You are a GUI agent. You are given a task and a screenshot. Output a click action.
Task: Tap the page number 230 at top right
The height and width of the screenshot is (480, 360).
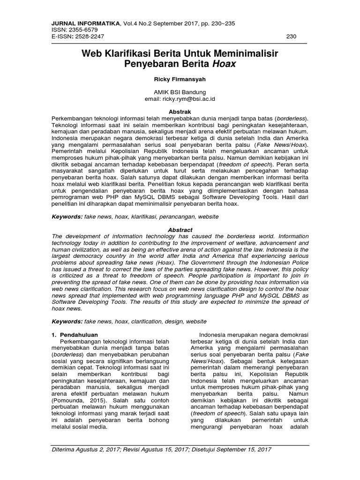[x=291, y=36]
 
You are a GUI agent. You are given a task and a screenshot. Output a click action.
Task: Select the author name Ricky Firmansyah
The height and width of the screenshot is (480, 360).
[x=180, y=79]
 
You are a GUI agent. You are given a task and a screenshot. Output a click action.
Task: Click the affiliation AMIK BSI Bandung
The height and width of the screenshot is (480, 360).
[x=180, y=92]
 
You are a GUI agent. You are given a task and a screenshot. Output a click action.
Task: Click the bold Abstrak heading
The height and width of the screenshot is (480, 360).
[x=180, y=112]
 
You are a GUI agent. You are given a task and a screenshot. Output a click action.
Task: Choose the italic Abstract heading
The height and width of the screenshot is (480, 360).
[x=180, y=230]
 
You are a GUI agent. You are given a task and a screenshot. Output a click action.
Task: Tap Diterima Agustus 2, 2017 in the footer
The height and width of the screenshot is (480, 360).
[x=85, y=449]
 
